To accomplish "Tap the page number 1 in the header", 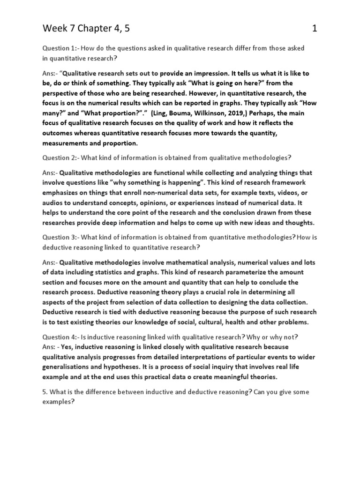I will (315, 29).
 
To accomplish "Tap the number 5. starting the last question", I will (45, 391).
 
